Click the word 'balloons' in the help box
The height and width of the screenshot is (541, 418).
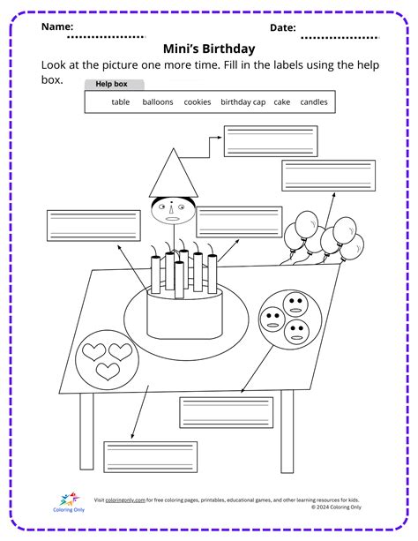[158, 102]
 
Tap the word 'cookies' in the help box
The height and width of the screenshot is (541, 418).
[198, 102]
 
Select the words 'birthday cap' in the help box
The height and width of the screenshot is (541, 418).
[243, 102]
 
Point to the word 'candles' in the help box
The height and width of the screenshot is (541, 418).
[313, 102]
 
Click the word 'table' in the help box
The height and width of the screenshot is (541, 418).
[121, 102]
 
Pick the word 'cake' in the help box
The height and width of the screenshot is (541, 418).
[282, 102]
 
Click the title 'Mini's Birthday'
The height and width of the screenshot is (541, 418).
[209, 49]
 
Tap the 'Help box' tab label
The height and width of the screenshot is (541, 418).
[111, 84]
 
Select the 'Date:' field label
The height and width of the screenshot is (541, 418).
[282, 27]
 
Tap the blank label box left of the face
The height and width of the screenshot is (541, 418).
[93, 226]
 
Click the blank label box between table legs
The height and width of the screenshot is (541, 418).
[225, 410]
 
